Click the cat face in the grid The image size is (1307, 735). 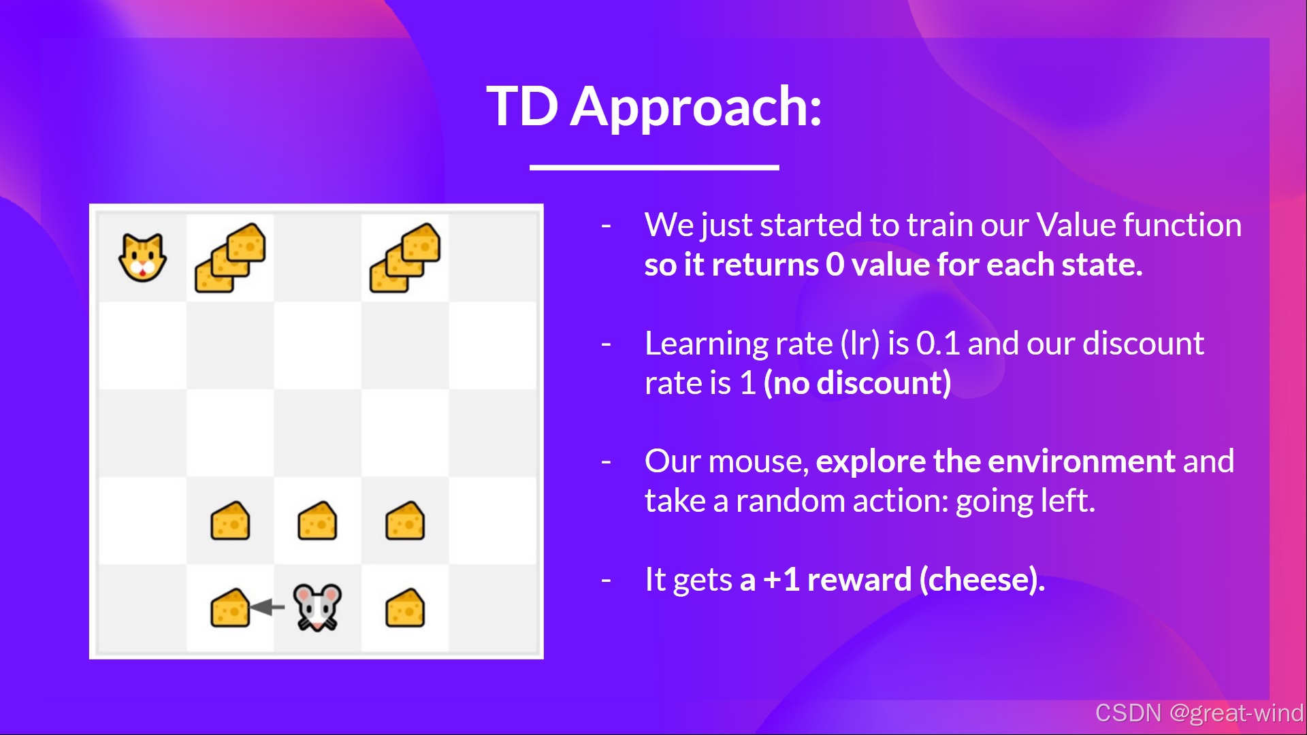[x=142, y=257]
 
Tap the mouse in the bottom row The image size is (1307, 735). [x=317, y=607]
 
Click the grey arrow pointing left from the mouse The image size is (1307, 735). [x=267, y=606]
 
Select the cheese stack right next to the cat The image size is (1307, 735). [x=230, y=258]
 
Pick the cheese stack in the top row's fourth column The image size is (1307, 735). [x=405, y=258]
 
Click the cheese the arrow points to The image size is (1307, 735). [x=230, y=608]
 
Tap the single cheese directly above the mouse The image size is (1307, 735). [x=317, y=521]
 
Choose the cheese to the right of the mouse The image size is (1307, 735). [x=405, y=608]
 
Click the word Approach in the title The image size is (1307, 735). [x=696, y=108]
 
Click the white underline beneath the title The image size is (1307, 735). [x=654, y=167]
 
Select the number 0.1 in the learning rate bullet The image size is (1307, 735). [x=938, y=344]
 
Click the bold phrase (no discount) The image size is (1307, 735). [x=857, y=383]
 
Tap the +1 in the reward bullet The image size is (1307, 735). [x=781, y=580]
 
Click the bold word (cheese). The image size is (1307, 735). [x=982, y=580]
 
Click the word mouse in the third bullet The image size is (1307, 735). [x=759, y=462]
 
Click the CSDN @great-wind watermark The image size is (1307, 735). [x=1199, y=713]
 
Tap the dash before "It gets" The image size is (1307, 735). [x=606, y=580]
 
